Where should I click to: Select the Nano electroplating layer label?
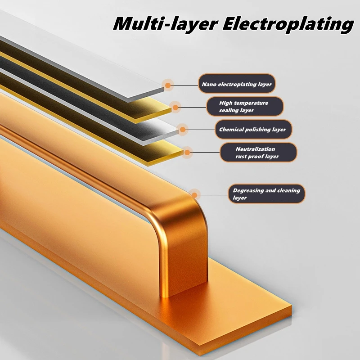pos(236,84)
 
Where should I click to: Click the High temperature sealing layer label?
pos(245,107)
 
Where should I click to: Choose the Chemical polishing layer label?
pos(252,130)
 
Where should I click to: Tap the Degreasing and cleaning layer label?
pos(266,194)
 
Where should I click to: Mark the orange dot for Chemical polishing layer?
pos(183,130)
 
